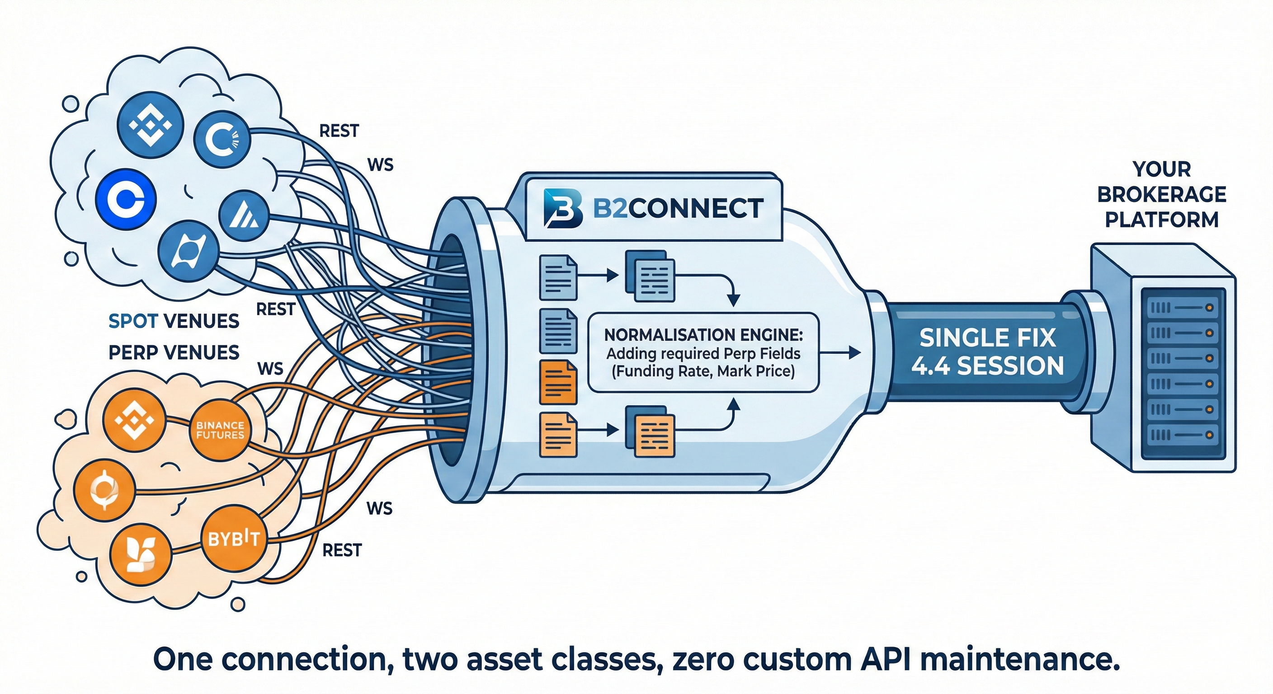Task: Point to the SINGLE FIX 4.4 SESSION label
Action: pyautogui.click(x=987, y=352)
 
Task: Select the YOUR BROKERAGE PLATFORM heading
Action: pyautogui.click(x=1162, y=195)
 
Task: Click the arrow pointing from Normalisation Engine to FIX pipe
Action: pyautogui.click(x=839, y=352)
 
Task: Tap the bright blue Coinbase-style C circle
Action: pyautogui.click(x=126, y=200)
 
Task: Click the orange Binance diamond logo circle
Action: pyautogui.click(x=134, y=421)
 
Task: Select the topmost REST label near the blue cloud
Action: pyautogui.click(x=339, y=131)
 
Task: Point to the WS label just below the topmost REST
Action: pyautogui.click(x=381, y=164)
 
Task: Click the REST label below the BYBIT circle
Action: pyautogui.click(x=342, y=550)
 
